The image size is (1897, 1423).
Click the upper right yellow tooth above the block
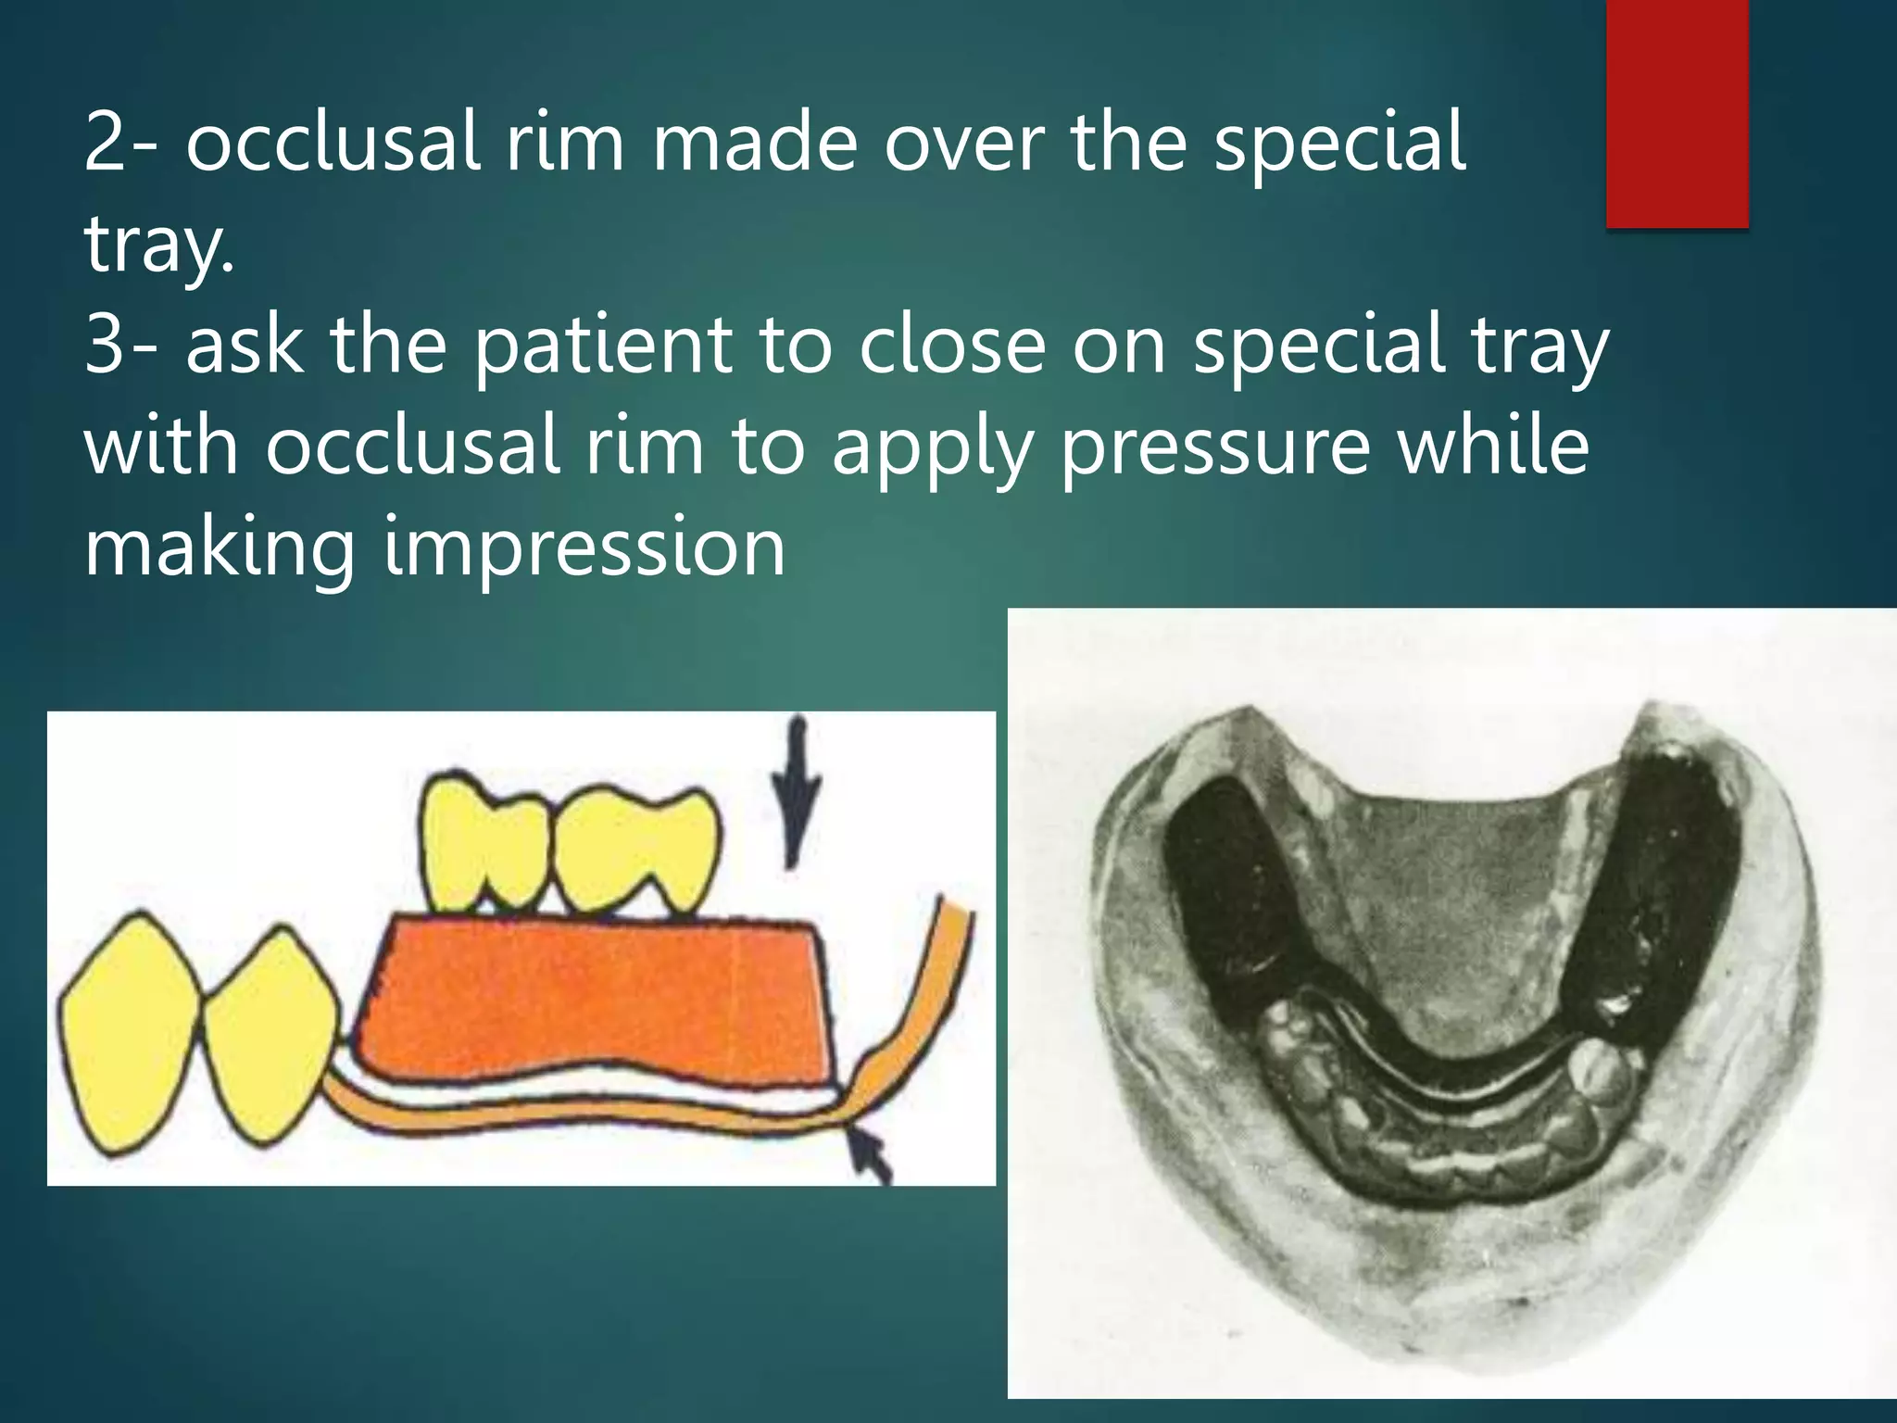639,848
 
